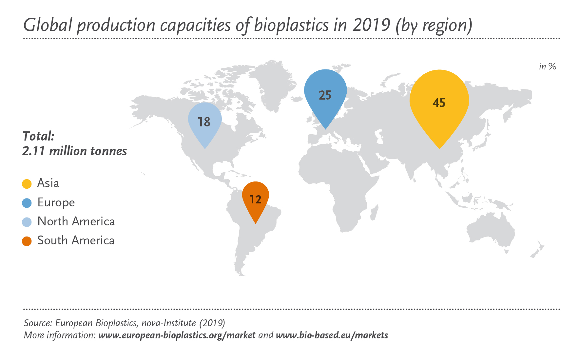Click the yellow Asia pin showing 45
pyautogui.click(x=439, y=105)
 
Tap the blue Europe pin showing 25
pyautogui.click(x=325, y=95)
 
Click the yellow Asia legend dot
pyautogui.click(x=27, y=184)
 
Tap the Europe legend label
pyautogui.click(x=56, y=202)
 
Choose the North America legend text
pyautogui.click(x=76, y=221)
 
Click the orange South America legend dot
pyautogui.click(x=27, y=241)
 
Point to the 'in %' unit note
pyautogui.click(x=548, y=66)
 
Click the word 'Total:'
pyautogui.click(x=38, y=136)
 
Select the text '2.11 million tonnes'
pyautogui.click(x=74, y=151)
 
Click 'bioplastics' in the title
pyautogui.click(x=291, y=25)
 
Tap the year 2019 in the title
pyautogui.click(x=371, y=25)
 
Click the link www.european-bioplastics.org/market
pyautogui.click(x=177, y=335)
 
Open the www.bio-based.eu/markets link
pyautogui.click(x=332, y=335)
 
